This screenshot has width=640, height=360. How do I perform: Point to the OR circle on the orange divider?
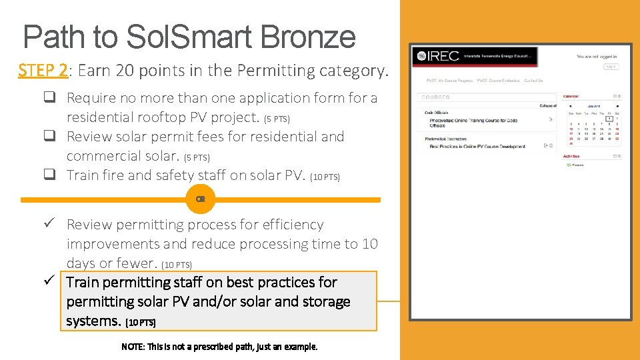[x=200, y=199]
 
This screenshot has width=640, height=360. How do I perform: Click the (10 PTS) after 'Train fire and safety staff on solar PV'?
[x=325, y=177]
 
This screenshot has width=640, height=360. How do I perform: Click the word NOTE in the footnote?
[x=132, y=347]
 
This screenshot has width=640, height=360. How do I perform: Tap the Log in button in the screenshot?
[x=611, y=67]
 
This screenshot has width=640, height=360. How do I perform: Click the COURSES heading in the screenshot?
[x=436, y=97]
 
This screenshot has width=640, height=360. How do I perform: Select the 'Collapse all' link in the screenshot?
[x=547, y=105]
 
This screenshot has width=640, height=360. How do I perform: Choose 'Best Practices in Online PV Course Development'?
[x=477, y=146]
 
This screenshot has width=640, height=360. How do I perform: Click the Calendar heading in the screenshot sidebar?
[x=571, y=96]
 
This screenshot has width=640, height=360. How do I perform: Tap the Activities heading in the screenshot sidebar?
[x=571, y=156]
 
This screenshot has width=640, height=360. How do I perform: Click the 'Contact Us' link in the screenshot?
[x=533, y=81]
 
